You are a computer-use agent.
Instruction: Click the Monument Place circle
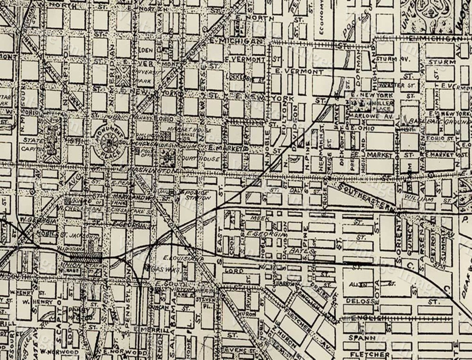click(110, 143)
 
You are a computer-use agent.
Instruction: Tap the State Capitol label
click(31, 144)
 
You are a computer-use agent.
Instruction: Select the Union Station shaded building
click(86, 257)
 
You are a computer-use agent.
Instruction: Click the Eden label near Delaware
click(145, 50)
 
